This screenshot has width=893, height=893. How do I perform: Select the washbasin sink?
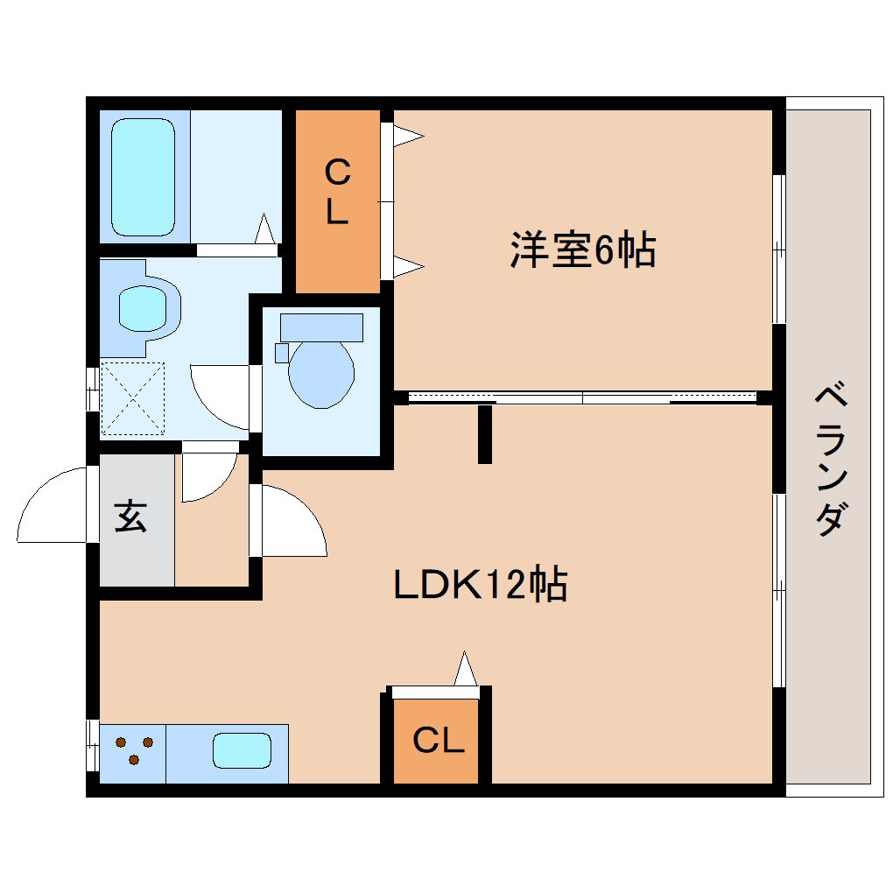click(142, 307)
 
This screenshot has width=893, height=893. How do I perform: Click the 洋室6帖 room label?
click(582, 250)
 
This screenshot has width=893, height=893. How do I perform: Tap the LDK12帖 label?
click(480, 584)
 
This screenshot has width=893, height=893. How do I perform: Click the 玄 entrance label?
click(130, 517)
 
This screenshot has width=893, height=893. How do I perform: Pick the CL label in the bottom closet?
click(437, 741)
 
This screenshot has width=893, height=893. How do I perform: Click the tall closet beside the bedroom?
click(337, 201)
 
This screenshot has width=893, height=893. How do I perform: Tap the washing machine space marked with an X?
click(132, 397)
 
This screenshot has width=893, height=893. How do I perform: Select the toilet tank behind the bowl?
click(321, 327)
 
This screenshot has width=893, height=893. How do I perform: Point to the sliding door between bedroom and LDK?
click(582, 397)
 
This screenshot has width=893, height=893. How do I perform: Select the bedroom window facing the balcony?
click(777, 250)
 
